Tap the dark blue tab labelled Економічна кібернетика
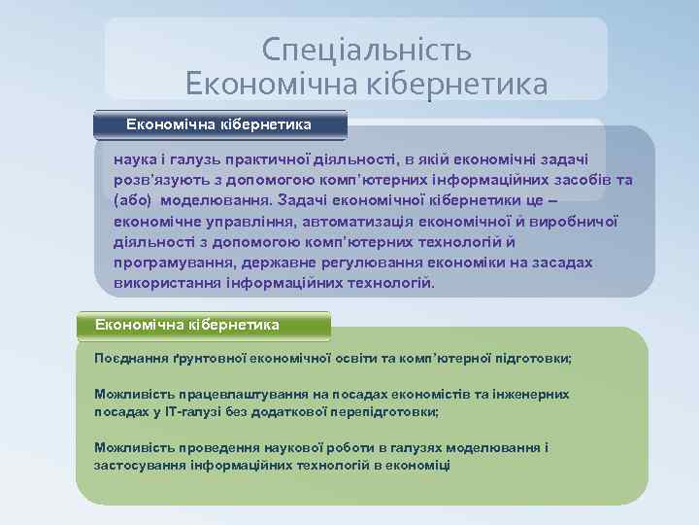pos(219,124)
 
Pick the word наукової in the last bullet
pos(297,448)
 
